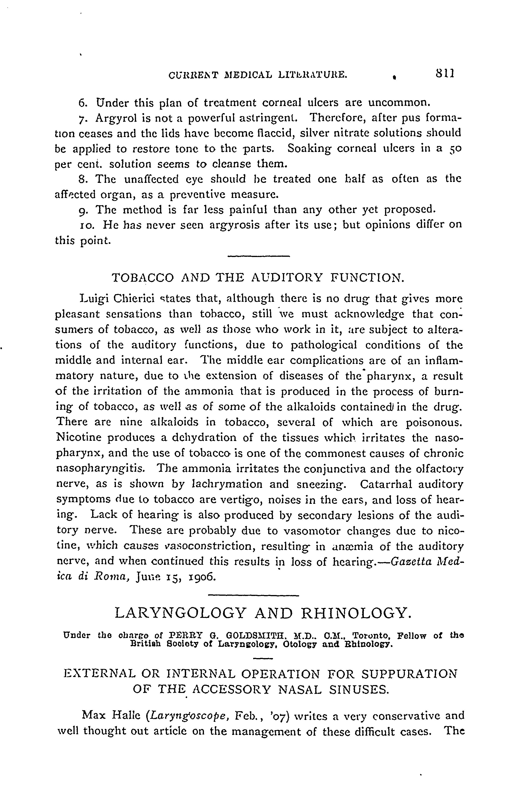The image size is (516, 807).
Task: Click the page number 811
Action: click(445, 73)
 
